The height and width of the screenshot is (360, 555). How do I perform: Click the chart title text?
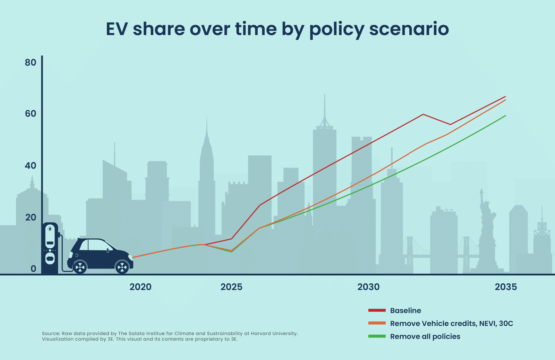coord(277,29)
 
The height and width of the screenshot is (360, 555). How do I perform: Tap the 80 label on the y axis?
coord(31,62)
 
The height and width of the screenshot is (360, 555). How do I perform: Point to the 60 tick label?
coord(31,114)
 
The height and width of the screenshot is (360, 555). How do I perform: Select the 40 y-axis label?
coord(31,166)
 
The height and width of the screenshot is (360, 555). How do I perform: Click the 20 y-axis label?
coord(31,217)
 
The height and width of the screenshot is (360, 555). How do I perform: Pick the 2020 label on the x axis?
coord(140,287)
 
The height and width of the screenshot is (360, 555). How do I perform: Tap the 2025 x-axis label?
coord(231,287)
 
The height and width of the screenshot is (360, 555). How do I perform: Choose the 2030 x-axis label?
coord(368,287)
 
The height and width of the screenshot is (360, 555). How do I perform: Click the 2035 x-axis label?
coord(506,287)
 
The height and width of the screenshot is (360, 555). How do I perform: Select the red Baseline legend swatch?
coord(377,310)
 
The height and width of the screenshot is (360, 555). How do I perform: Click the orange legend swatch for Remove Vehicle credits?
coord(377,323)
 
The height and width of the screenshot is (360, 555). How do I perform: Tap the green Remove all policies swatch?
coord(377,336)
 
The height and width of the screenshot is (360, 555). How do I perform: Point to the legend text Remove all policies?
coord(425,336)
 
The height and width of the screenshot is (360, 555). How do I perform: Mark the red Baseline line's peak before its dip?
coord(423,114)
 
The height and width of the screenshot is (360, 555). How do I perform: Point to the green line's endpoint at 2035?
coord(505,115)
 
